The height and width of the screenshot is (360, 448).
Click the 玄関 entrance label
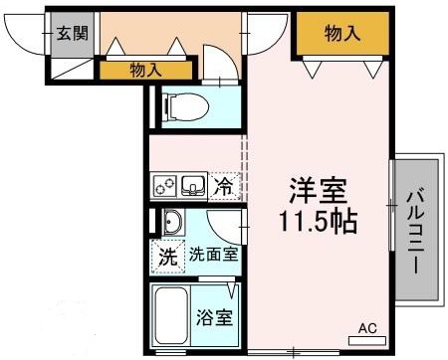point(71,33)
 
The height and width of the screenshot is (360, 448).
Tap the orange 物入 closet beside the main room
point(341,34)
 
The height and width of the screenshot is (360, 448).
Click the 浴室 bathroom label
point(214,319)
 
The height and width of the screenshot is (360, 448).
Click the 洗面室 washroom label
point(213,256)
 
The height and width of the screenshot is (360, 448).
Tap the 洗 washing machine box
point(167,256)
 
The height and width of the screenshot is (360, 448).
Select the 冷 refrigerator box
point(226,185)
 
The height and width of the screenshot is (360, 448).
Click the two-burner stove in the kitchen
point(165,185)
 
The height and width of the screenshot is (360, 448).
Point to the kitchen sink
point(194,185)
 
